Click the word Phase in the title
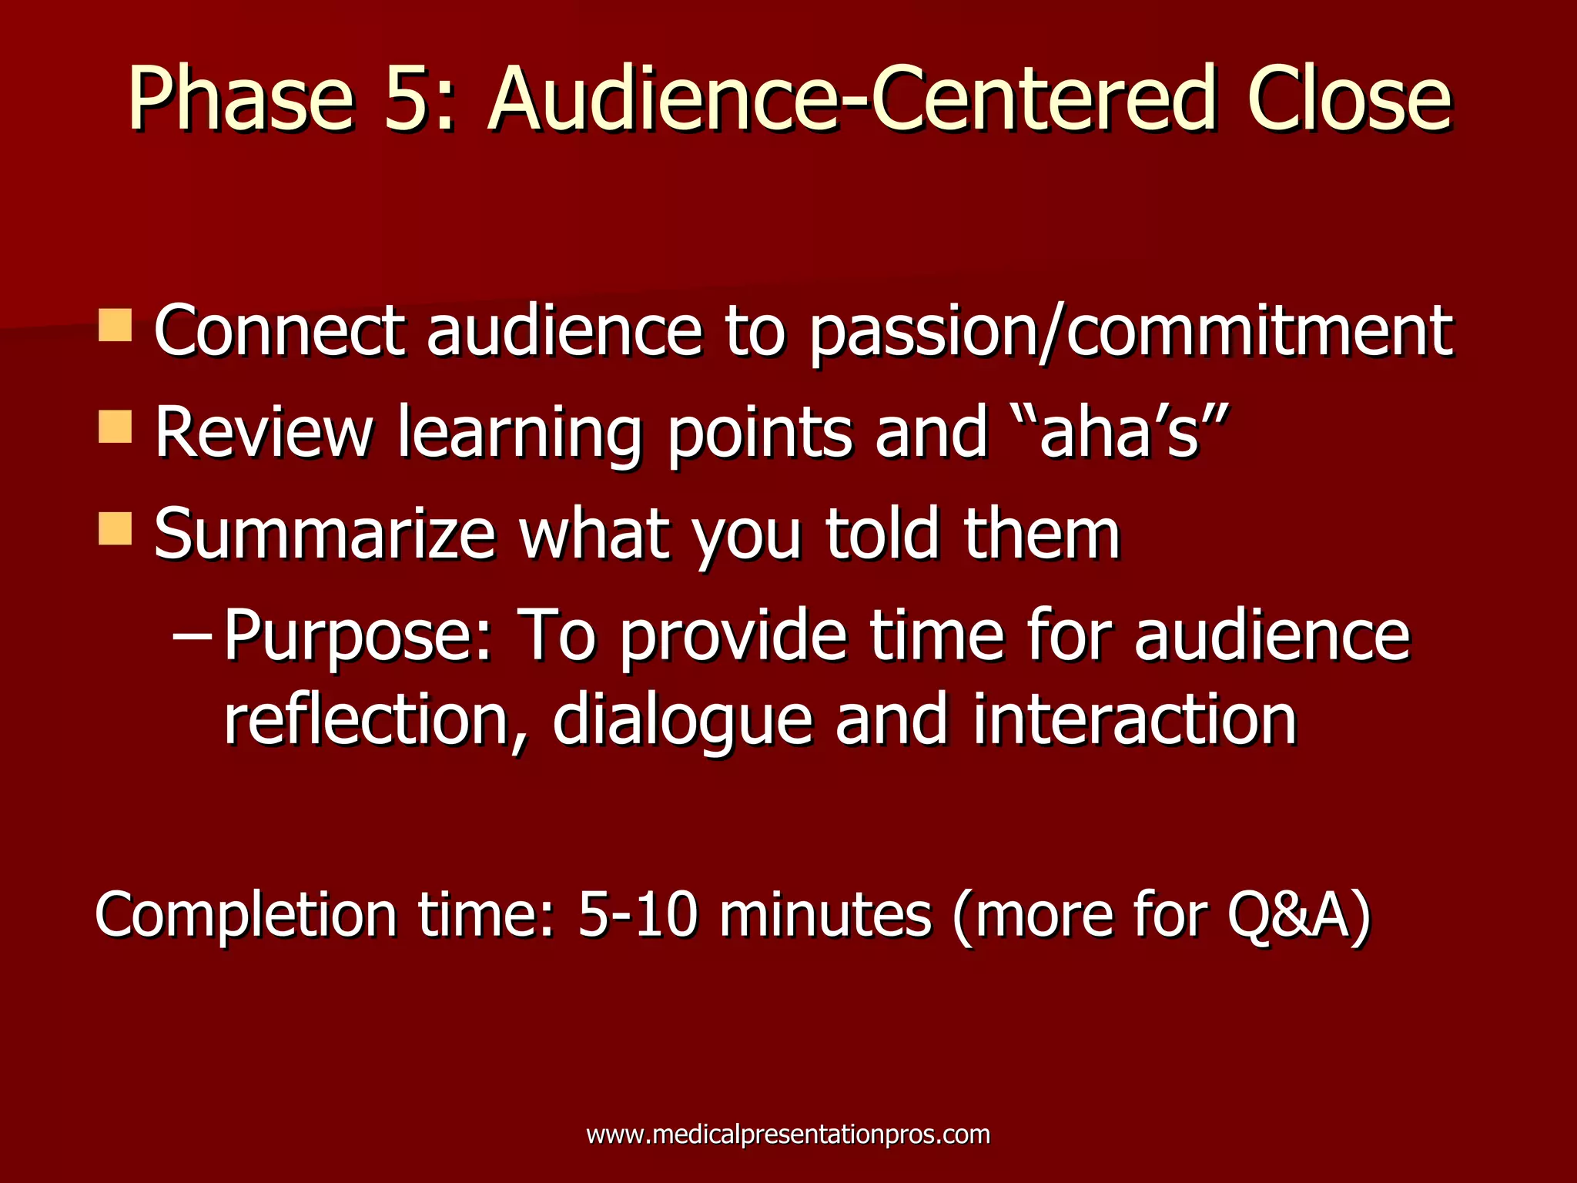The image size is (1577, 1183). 240,100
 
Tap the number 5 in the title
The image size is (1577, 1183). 410,100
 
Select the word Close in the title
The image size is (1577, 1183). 1349,100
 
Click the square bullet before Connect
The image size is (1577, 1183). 116,326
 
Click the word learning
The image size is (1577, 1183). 519,435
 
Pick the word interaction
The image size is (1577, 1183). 1135,720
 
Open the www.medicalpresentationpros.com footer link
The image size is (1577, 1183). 788,1134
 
